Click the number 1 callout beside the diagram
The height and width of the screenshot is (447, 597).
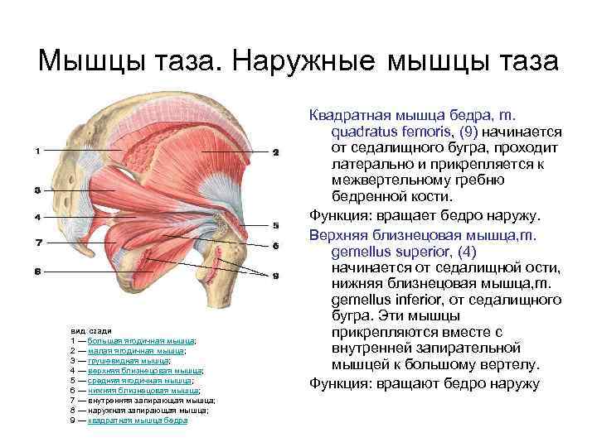click(36, 150)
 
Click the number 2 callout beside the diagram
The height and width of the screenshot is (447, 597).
click(275, 152)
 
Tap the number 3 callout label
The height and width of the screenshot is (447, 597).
click(36, 190)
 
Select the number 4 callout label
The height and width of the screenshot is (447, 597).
click(36, 217)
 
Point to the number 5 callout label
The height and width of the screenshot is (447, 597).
click(275, 224)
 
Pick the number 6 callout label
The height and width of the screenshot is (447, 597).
click(275, 246)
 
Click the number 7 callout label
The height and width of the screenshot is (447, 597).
click(36, 243)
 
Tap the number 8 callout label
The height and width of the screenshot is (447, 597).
click(36, 270)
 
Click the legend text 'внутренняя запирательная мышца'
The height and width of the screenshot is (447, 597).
click(151, 400)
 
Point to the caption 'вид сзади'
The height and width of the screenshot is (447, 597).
click(85, 330)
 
